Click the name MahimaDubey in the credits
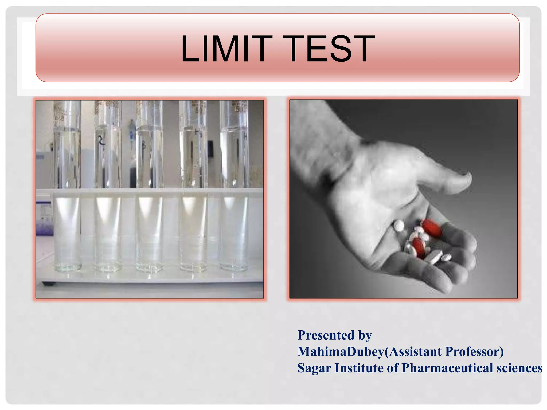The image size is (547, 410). point(341,352)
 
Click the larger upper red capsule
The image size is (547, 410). point(432,228)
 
